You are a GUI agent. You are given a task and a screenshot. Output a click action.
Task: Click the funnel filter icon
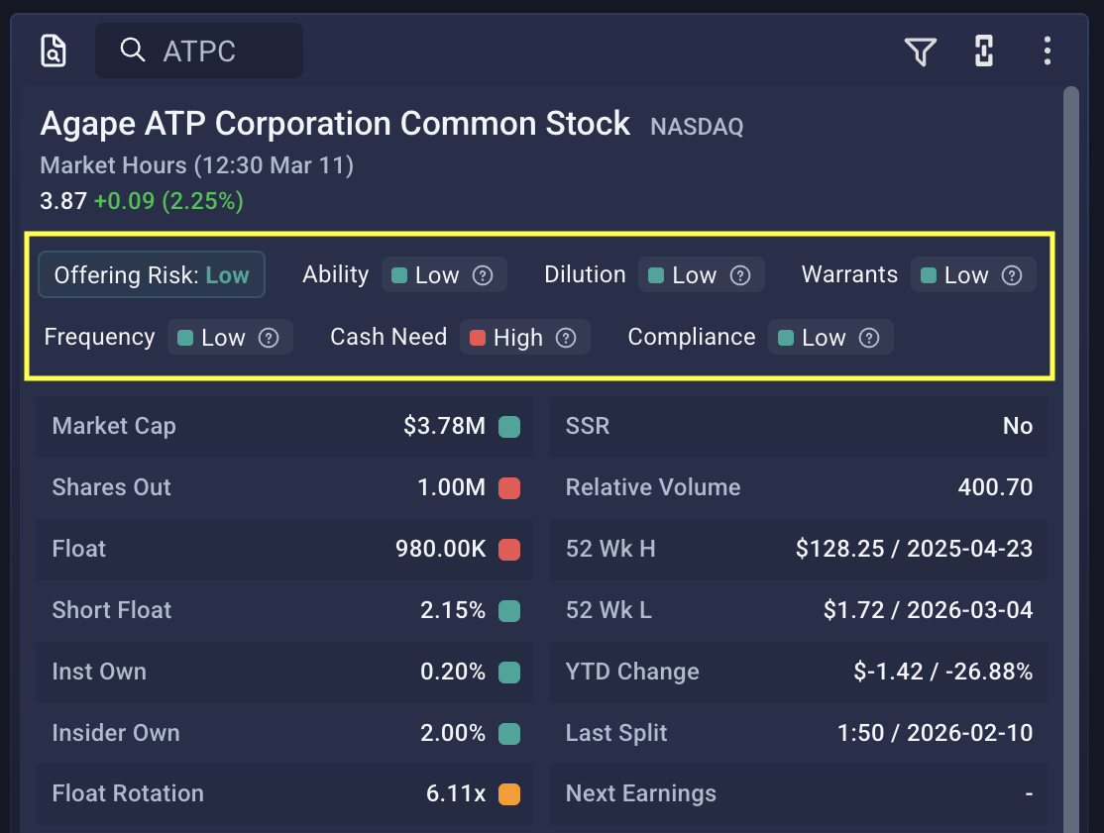[x=921, y=52]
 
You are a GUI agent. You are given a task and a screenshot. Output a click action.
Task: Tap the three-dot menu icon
[x=1047, y=51]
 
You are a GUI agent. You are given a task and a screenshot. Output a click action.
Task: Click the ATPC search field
[x=199, y=51]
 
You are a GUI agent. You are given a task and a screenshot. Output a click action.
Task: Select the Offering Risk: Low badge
[x=152, y=275]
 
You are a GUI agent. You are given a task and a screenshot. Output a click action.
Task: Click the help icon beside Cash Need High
[x=566, y=338]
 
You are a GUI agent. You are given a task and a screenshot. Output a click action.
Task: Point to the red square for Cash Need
[x=478, y=338]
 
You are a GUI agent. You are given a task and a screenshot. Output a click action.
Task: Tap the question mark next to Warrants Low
[x=1012, y=275]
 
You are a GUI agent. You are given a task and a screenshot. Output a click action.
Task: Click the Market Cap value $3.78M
[x=444, y=426]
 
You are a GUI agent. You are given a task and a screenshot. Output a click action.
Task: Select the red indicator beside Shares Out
[x=509, y=487]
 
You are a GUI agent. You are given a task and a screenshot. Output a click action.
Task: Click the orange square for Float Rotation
[x=509, y=793]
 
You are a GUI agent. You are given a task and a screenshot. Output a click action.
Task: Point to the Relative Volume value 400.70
[x=995, y=487]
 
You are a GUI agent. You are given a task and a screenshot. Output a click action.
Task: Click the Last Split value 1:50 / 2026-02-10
[x=935, y=733]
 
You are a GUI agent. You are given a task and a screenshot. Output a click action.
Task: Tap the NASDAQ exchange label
[x=697, y=127]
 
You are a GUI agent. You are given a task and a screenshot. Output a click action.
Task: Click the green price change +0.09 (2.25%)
[x=168, y=201]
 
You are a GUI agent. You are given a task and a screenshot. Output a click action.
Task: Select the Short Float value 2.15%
[x=453, y=610]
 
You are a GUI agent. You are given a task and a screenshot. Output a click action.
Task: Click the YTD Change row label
[x=632, y=672]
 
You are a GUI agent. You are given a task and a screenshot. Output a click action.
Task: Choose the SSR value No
[x=1018, y=426]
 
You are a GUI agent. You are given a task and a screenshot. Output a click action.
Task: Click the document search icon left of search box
[x=54, y=51]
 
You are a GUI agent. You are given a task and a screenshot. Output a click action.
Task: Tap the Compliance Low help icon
[x=869, y=338]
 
